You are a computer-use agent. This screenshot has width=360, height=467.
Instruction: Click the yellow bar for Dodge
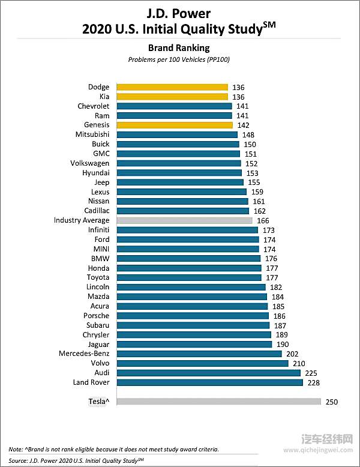pyautogui.click(x=172, y=87)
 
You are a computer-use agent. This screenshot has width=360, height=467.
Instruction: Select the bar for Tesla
pyautogui.click(x=218, y=402)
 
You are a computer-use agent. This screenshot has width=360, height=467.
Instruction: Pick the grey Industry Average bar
pyautogui.click(x=184, y=220)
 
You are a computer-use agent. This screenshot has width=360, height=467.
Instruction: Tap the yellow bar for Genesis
pyautogui.click(x=174, y=125)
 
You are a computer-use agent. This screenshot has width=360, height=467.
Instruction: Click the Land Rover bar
pyautogui.click(x=209, y=382)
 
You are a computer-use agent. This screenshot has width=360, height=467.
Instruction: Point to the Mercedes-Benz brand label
pyautogui.click(x=84, y=354)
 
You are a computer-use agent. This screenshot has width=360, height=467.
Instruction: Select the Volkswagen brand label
pyautogui.click(x=90, y=163)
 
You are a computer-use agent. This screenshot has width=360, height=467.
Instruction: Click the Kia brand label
pyautogui.click(x=104, y=97)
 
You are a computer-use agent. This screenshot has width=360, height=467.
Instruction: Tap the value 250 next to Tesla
pyautogui.click(x=332, y=402)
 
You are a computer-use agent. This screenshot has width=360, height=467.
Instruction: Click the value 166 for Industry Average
pyautogui.click(x=263, y=220)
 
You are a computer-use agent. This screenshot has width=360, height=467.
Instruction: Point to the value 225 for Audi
pyautogui.click(x=311, y=373)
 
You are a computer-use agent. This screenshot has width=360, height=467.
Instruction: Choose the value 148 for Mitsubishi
pyautogui.click(x=248, y=135)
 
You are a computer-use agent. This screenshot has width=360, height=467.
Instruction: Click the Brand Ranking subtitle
pyautogui.click(x=179, y=47)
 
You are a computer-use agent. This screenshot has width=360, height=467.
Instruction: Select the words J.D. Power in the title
pyautogui.click(x=179, y=13)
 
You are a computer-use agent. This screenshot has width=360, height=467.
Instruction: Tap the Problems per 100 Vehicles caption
pyautogui.click(x=179, y=59)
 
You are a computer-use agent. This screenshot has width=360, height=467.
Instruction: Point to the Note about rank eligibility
pyautogui.click(x=114, y=449)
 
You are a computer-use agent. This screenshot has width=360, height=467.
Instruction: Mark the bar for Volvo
pyautogui.click(x=202, y=363)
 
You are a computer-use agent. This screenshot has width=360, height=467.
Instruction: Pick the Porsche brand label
pyautogui.click(x=96, y=316)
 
